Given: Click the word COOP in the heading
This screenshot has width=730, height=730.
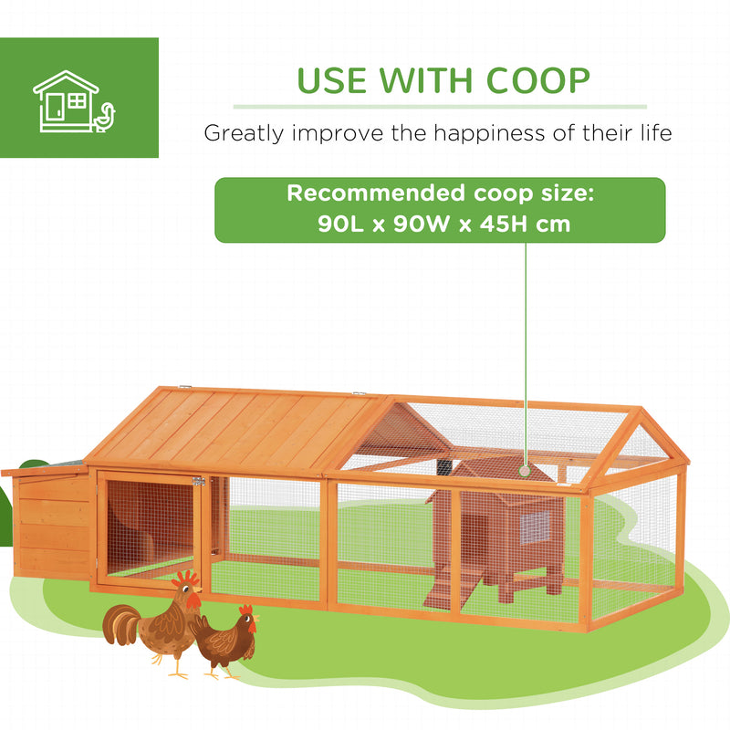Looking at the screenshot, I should point(538,80).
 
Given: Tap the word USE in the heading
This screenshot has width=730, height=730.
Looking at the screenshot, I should point(334,80).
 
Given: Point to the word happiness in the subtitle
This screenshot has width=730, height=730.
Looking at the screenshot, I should point(492,133).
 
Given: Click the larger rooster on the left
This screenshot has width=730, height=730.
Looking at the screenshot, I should point(155,625).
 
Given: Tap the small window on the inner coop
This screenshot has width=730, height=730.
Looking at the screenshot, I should point(535,527).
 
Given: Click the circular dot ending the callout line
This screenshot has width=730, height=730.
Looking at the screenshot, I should point(526,471).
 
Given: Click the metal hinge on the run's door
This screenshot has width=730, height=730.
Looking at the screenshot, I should point(198,482).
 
